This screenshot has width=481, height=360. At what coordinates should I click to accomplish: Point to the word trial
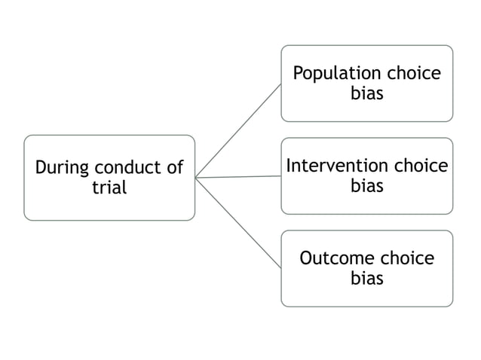click(x=109, y=188)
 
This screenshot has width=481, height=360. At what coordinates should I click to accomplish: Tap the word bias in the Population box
click(x=367, y=93)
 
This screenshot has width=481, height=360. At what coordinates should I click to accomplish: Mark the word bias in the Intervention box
click(x=367, y=185)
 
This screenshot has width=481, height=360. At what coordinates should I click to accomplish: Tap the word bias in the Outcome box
click(x=367, y=278)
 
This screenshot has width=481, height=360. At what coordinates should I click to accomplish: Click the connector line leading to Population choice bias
click(x=238, y=130)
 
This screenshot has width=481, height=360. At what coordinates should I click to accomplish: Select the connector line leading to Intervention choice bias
click(x=238, y=177)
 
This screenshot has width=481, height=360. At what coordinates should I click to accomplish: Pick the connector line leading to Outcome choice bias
click(x=238, y=223)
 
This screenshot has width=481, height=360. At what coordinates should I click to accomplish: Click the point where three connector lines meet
click(x=196, y=178)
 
